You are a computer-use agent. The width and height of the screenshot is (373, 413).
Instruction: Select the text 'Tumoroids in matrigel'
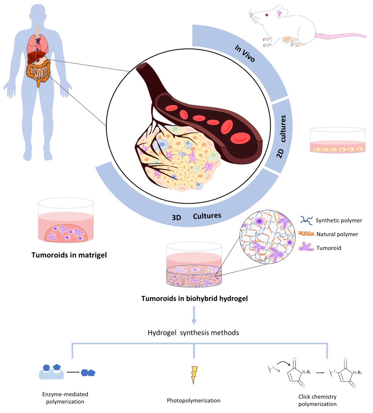click(x=69, y=255)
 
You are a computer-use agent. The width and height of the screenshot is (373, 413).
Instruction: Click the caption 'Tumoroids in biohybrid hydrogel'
click(x=194, y=298)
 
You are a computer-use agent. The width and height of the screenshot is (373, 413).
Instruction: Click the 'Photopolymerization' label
click(x=194, y=401)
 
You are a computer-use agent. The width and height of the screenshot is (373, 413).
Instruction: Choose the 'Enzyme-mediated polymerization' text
click(x=65, y=398)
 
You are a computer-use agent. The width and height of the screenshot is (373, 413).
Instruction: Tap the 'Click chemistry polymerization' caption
click(x=317, y=400)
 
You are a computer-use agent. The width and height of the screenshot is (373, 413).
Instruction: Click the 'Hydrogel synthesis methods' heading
click(x=193, y=333)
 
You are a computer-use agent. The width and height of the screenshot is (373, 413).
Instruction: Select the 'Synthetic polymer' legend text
click(x=339, y=220)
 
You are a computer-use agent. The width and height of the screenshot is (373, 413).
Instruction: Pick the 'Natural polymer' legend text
click(x=337, y=234)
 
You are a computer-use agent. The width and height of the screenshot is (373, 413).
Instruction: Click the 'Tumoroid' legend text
click(x=328, y=248)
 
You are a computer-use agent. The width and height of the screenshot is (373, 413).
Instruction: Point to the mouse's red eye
click(x=267, y=15)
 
